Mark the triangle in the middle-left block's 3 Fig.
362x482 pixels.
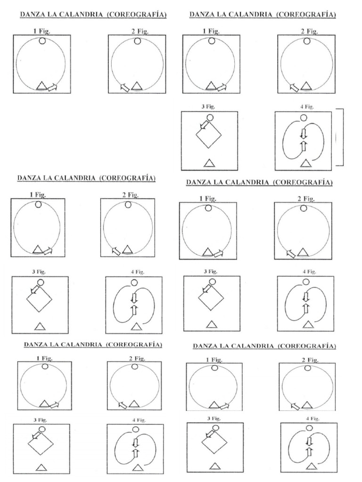tap(40, 326)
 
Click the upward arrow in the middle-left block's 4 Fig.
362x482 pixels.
tap(134, 309)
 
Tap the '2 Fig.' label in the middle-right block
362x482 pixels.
tap(305, 199)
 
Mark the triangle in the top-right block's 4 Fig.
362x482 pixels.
tap(306, 163)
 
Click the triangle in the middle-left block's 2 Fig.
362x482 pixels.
tap(127, 250)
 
